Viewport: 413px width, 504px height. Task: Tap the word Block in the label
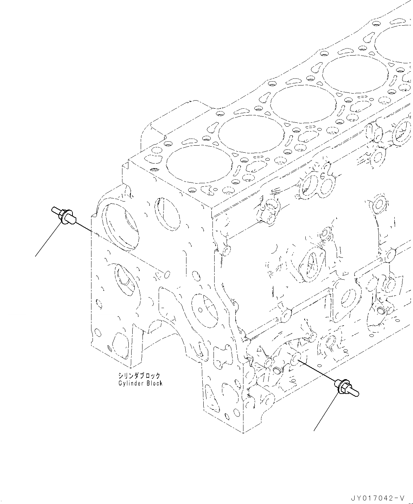(x=154, y=383)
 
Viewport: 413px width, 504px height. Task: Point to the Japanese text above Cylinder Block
(x=139, y=376)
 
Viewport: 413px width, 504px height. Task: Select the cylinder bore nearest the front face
(x=199, y=165)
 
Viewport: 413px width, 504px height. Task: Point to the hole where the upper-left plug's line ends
(x=167, y=274)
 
